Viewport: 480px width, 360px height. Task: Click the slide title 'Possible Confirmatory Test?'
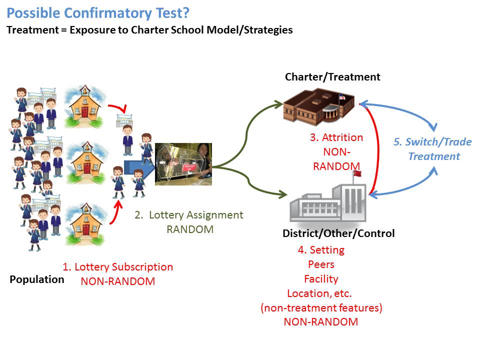98,12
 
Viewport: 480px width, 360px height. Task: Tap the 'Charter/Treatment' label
332,77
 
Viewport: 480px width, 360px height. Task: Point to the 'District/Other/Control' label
338,233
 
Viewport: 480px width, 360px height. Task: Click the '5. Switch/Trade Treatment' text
433,149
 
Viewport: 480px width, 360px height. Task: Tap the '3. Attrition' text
336,137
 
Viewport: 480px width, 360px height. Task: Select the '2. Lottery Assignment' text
189,215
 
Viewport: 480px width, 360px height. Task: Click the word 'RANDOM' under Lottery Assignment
189,229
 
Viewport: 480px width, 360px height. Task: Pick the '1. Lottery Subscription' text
118,267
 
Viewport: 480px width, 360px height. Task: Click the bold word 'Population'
37,279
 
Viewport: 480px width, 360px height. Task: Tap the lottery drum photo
183,164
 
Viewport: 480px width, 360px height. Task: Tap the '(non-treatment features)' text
321,307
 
